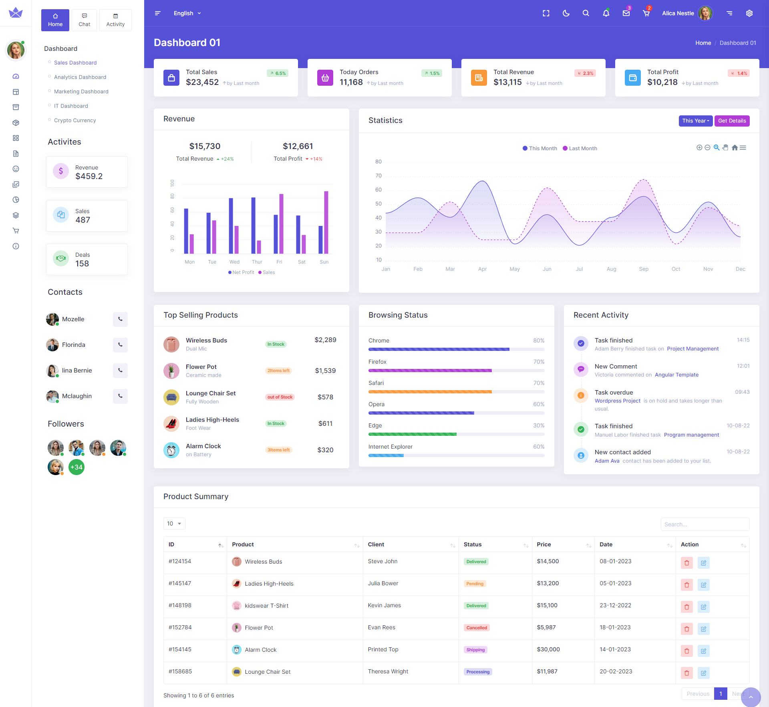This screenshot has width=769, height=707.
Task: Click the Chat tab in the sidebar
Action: (85, 20)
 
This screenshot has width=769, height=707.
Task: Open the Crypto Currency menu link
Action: (75, 120)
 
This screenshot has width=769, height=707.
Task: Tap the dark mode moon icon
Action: (566, 13)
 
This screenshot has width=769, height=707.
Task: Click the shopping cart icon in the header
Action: (646, 13)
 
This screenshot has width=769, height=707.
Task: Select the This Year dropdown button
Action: (695, 121)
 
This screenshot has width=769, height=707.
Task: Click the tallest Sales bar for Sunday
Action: (326, 222)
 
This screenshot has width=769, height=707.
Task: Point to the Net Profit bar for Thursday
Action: (254, 225)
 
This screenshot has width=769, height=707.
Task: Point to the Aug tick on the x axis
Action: (611, 269)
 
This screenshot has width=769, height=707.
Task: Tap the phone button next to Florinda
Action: (120, 344)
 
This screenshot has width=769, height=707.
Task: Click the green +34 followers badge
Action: (76, 467)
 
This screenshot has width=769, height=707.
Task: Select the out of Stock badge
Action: (280, 397)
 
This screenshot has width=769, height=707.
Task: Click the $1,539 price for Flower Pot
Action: (325, 371)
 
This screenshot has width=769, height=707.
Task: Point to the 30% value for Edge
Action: (539, 425)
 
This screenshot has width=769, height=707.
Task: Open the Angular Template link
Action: (676, 375)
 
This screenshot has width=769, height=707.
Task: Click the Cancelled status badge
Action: (477, 628)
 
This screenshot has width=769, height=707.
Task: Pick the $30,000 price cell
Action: (548, 649)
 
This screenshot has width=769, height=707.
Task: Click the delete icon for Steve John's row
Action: (686, 563)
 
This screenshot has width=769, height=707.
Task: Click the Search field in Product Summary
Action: (705, 524)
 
